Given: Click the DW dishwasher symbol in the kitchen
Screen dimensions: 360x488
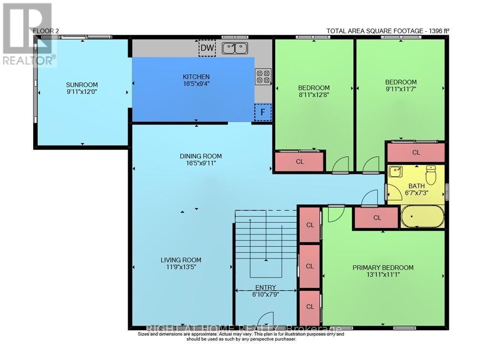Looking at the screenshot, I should (206, 48).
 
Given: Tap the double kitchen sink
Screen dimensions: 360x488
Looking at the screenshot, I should (235, 48).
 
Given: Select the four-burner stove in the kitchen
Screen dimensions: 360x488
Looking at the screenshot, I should (263, 77).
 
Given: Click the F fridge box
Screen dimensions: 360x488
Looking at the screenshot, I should (263, 112).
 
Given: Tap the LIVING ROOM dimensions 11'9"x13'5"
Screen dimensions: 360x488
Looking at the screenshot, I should (182, 267).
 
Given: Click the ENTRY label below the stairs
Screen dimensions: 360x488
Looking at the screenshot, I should (265, 288).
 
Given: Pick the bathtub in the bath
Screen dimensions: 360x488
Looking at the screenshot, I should (423, 216).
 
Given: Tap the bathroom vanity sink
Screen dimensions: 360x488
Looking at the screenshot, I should (396, 172).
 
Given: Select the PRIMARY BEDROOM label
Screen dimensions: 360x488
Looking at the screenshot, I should (383, 268).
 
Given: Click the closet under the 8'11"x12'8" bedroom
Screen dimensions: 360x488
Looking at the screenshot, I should (300, 162).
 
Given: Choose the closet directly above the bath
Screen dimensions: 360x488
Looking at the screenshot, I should (416, 152).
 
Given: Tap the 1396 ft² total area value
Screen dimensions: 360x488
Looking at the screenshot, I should (438, 31).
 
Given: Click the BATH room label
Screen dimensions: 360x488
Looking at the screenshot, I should (416, 186).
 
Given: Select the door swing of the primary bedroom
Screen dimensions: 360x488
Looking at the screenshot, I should (335, 213).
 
